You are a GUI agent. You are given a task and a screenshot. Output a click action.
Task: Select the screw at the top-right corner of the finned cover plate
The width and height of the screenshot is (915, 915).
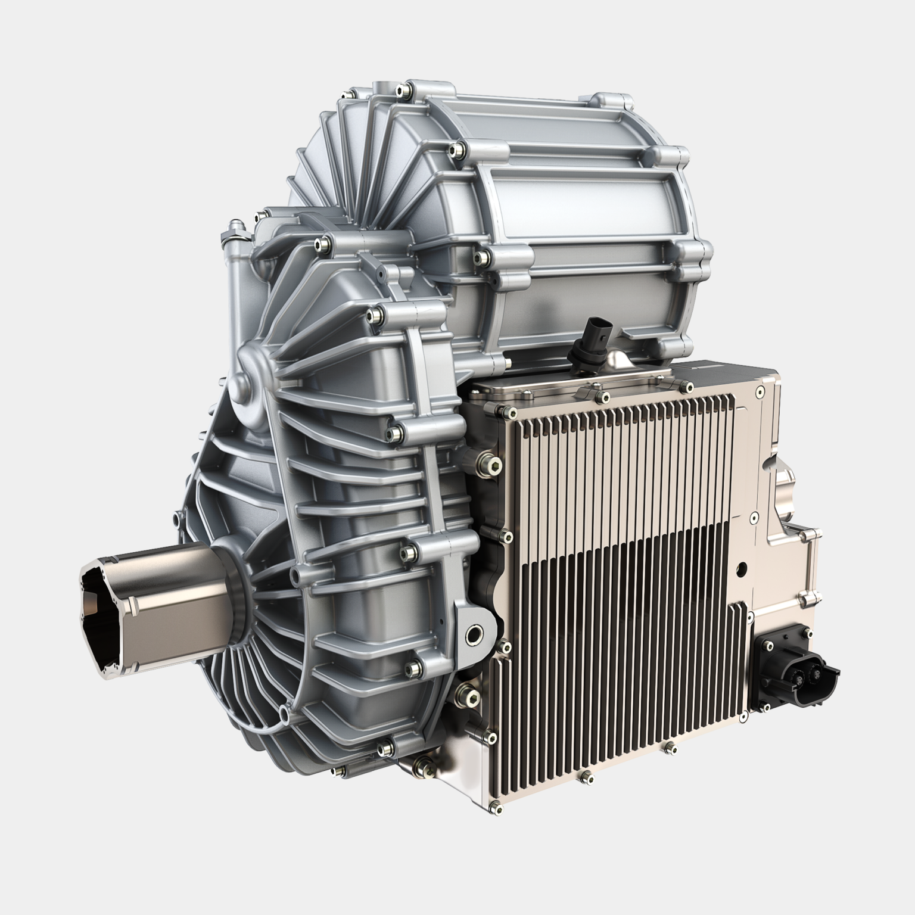point(759,391)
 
